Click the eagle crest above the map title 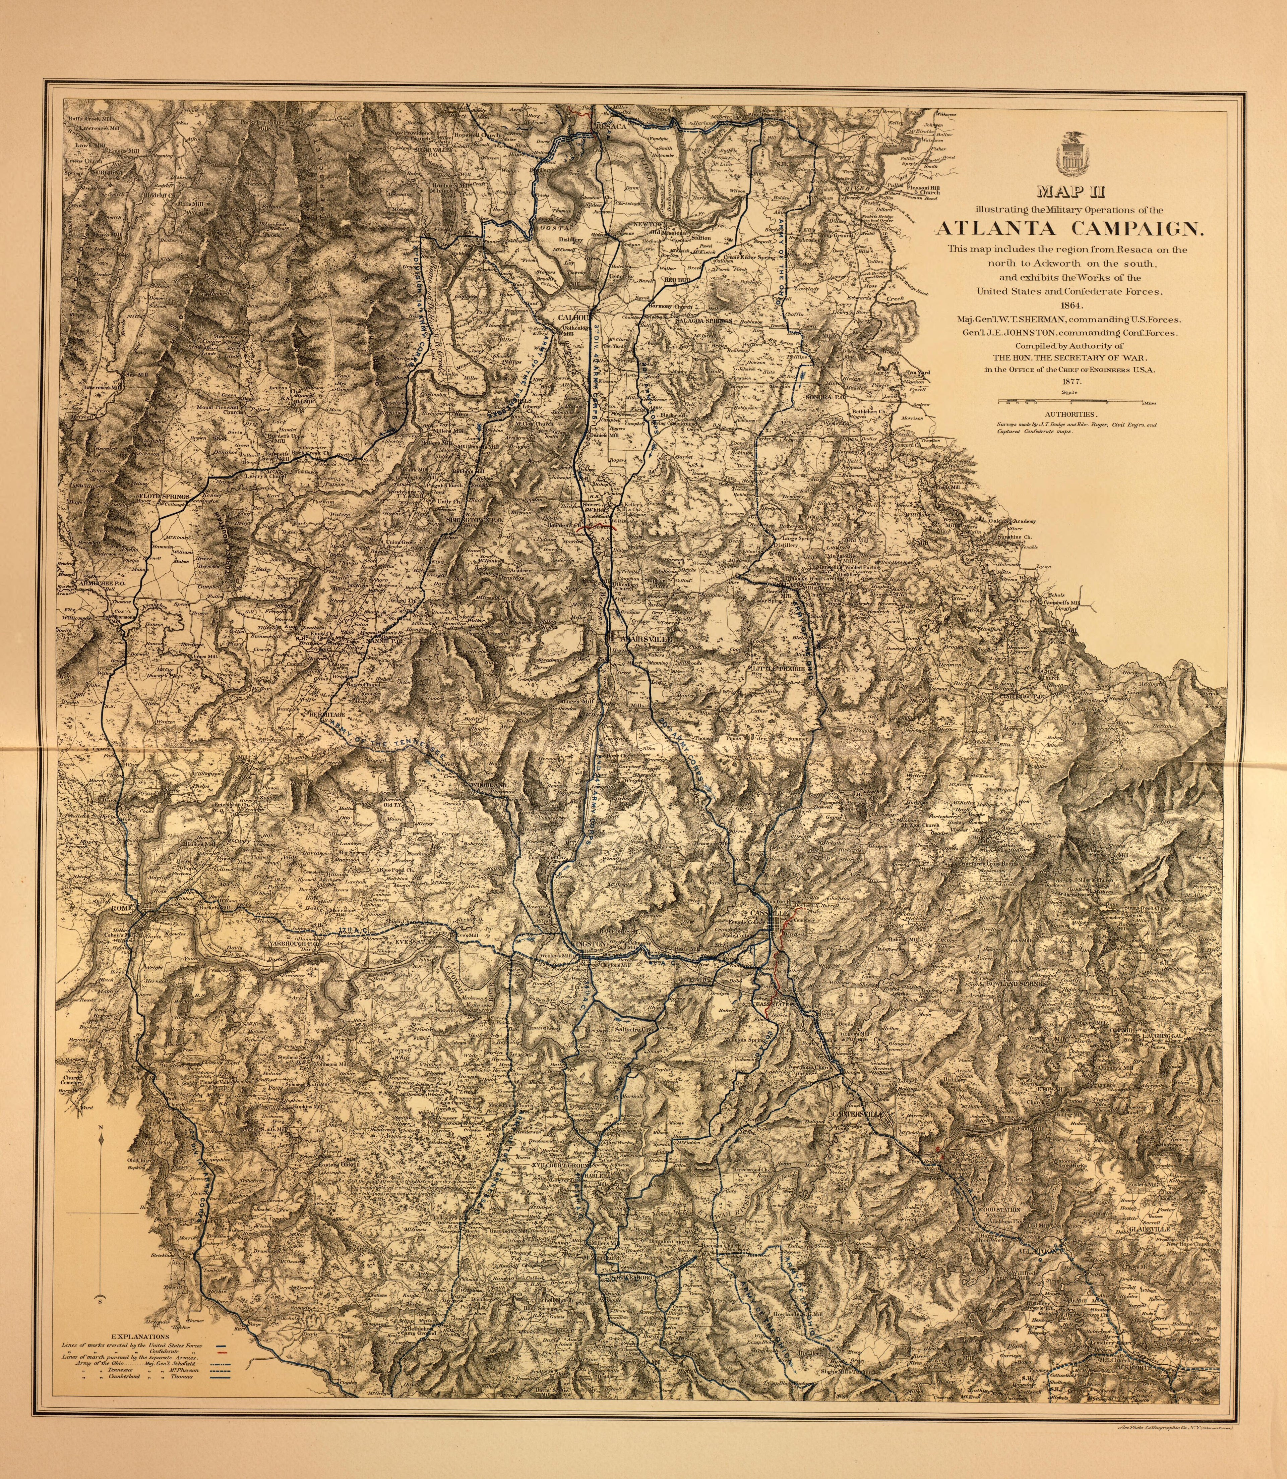1070,155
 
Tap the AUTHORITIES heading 1070,414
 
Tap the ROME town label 122,910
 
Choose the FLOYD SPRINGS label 165,496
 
